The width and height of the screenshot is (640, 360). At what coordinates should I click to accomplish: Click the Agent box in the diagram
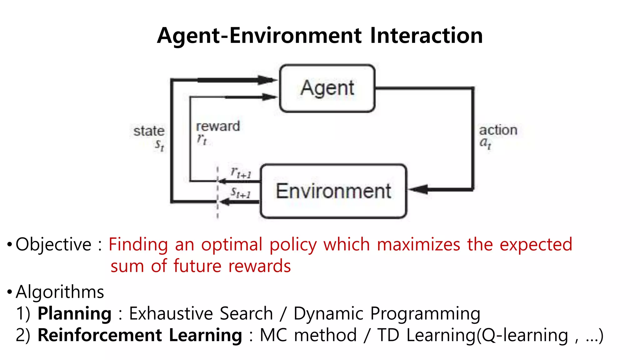click(327, 88)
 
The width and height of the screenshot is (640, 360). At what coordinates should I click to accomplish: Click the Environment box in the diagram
click(333, 191)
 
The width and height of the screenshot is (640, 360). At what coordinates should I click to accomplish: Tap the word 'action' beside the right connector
click(498, 130)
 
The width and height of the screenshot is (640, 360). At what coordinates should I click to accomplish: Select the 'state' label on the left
click(149, 131)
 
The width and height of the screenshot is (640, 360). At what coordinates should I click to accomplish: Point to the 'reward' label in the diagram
click(218, 126)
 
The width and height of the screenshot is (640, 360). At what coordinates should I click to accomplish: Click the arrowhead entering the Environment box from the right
click(418, 189)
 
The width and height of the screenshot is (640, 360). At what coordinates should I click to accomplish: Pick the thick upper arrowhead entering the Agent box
click(267, 80)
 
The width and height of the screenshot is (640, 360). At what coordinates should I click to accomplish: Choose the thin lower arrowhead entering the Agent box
click(269, 97)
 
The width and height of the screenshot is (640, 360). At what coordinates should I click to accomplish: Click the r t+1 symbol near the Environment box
click(241, 173)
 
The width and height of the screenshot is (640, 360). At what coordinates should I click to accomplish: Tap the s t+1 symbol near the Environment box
click(241, 193)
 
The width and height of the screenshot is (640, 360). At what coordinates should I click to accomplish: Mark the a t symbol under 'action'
click(485, 143)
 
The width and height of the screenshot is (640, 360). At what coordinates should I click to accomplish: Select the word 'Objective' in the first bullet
click(53, 244)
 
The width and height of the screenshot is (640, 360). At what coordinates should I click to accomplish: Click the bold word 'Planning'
click(74, 313)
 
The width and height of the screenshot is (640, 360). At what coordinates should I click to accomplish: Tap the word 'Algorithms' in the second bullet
click(60, 292)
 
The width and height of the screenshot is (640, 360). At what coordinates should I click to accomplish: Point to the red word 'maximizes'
click(419, 244)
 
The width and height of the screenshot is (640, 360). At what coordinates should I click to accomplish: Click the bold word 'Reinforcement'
click(100, 335)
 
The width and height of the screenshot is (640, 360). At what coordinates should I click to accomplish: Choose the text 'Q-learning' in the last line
click(525, 335)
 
